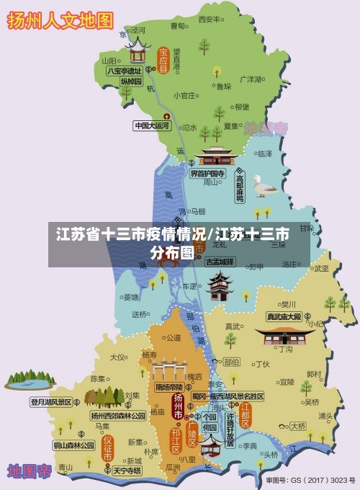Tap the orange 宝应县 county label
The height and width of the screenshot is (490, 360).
pos(163,61)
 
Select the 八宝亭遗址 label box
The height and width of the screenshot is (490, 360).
pos(124,71)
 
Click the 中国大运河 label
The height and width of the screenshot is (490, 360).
pos(152,125)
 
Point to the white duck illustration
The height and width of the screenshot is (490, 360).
pos(265,185)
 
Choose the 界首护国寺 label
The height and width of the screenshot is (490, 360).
pos(207,174)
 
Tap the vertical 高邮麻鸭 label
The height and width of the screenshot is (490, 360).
pos(240,187)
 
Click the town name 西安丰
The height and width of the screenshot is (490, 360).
pos(208,19)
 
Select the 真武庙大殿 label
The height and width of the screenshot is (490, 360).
pos(284,316)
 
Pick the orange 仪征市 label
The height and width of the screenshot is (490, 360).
pos(107,447)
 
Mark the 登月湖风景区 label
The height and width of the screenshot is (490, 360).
pos(50,402)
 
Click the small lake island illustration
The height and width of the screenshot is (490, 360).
pos(29,380)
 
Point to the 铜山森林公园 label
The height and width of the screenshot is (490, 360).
pos(73,445)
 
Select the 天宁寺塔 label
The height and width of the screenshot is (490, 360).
pos(127,471)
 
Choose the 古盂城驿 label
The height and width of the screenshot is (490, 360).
pos(220,262)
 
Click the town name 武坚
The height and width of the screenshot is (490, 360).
pos(321,267)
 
